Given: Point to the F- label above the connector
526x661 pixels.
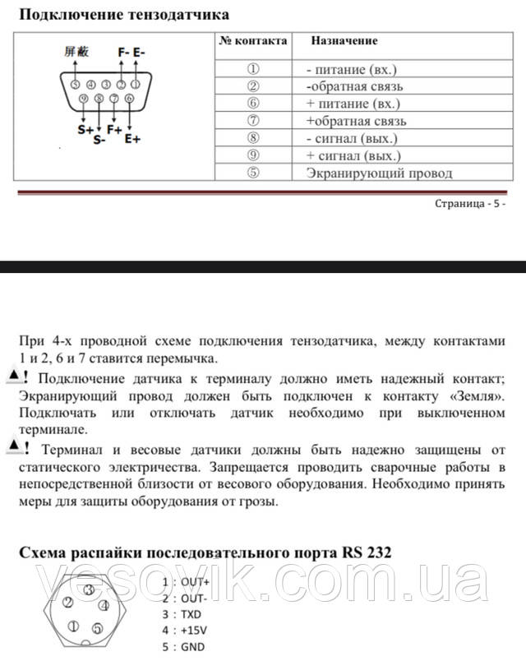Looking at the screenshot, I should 123,51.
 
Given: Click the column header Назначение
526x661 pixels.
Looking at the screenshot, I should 344,39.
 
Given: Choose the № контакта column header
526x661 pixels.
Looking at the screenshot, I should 252,39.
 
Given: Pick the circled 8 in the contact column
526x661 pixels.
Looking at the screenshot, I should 252,138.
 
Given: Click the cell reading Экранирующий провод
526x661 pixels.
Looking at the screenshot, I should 379,173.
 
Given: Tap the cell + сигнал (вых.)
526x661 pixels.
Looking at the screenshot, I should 353,155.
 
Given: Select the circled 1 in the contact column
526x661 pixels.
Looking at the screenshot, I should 252,69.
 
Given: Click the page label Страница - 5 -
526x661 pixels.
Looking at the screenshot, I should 471,203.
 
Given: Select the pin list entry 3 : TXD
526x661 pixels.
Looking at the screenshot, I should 182,613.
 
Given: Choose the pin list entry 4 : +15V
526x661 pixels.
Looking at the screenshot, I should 186,630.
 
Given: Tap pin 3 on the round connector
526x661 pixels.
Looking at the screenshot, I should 88,590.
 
